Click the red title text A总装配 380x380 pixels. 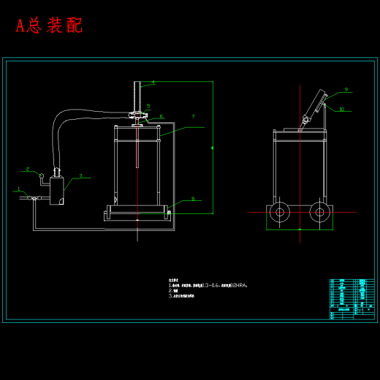point(49,26)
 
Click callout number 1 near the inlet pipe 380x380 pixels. point(18,189)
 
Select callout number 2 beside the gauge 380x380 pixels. point(28,169)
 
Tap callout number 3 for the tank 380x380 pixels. point(80,175)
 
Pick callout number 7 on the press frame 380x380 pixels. point(193,116)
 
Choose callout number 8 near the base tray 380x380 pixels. point(193,198)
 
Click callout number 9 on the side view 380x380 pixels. point(346,90)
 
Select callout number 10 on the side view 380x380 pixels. point(341,109)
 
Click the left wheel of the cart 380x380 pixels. point(278,213)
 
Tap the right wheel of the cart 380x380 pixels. point(319,213)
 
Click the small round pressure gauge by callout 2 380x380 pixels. point(42,175)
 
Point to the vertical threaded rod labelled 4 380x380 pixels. point(137,95)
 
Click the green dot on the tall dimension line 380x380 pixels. point(213,148)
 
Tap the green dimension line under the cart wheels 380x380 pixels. point(300,229)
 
